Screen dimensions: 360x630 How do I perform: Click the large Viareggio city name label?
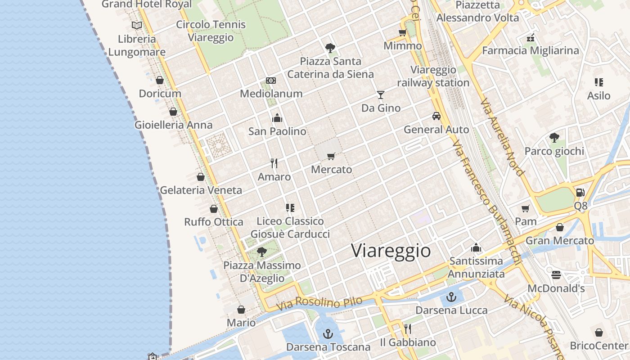[x=391, y=251]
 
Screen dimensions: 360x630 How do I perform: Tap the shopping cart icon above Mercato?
[x=331, y=157]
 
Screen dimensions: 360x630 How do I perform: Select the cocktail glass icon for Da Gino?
[x=381, y=94]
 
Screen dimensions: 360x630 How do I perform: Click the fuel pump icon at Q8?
[x=580, y=193]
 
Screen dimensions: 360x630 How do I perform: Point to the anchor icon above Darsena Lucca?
[x=451, y=297]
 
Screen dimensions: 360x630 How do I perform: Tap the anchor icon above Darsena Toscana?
[x=328, y=334]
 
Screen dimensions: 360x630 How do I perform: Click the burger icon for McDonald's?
[x=556, y=274]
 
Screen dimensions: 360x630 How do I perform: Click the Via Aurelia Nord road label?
[x=502, y=137]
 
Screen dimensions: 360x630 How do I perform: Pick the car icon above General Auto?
[x=436, y=116]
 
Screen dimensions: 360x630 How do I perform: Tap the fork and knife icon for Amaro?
[x=274, y=163]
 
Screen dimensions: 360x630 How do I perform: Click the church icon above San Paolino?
[x=277, y=118]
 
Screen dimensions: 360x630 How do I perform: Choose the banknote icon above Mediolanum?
[x=270, y=81]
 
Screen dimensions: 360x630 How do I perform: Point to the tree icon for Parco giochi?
[x=554, y=138]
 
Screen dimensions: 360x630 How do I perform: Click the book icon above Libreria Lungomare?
[x=136, y=25]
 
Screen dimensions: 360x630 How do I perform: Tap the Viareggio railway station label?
[x=433, y=76]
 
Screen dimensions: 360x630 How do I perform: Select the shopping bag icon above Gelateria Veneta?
[x=201, y=177]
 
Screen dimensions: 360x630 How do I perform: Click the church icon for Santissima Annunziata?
[x=476, y=247]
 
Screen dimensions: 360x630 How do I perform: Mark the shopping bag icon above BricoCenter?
[x=598, y=333]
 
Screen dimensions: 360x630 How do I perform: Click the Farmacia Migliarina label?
[x=530, y=50]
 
